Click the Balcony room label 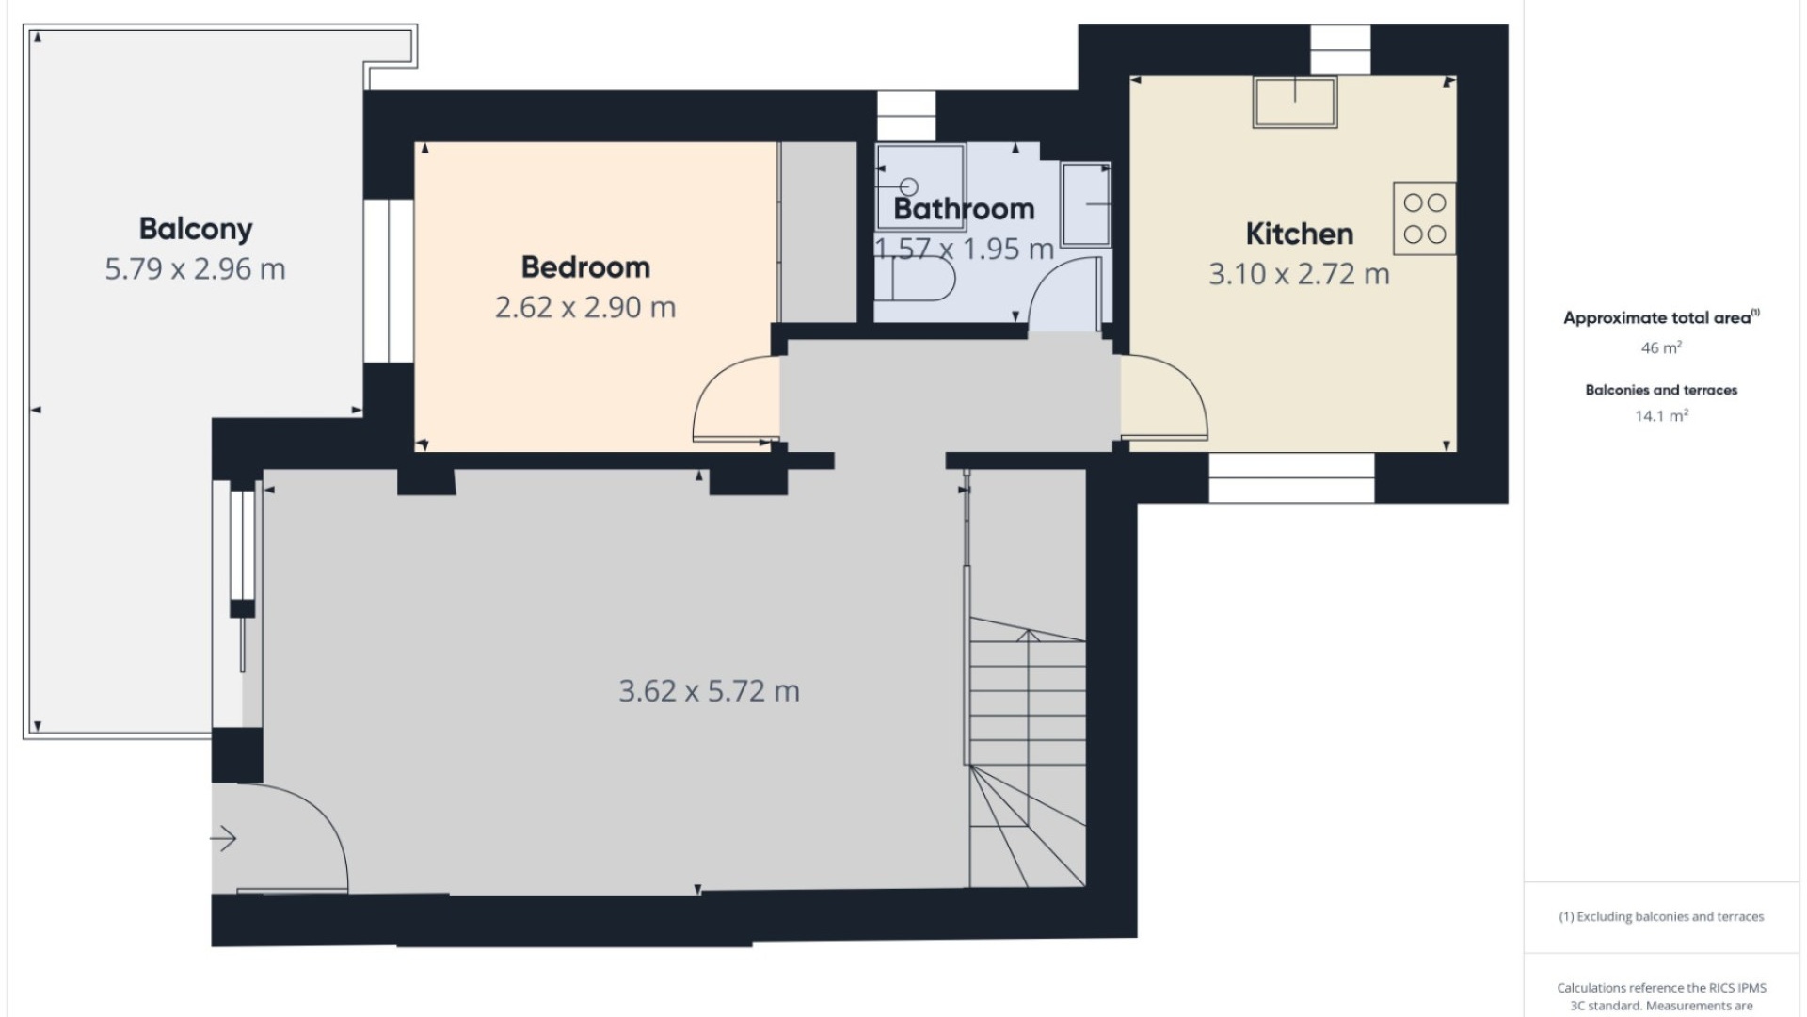[x=196, y=229]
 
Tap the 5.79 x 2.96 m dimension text [x=195, y=269]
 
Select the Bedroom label [x=585, y=267]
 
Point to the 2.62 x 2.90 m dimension [x=585, y=308]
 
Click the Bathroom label [x=964, y=209]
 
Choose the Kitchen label [x=1299, y=234]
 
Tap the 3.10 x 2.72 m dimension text [x=1299, y=274]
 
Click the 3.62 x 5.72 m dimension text [x=709, y=691]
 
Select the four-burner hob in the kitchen [x=1424, y=218]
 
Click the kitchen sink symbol [x=1295, y=102]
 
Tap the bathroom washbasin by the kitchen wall [x=1087, y=203]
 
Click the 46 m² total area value [x=1661, y=347]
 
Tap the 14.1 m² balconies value [x=1661, y=415]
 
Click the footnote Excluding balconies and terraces [x=1661, y=916]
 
